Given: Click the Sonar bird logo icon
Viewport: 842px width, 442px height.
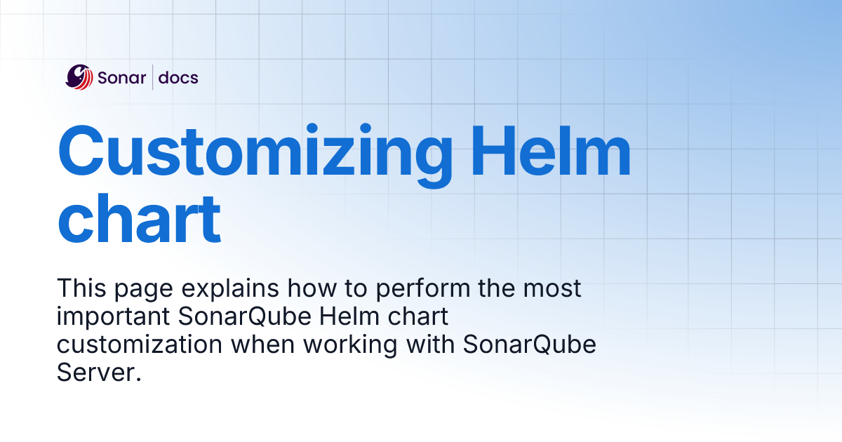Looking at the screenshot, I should [x=79, y=77].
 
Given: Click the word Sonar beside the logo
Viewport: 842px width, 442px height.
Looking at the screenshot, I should [x=122, y=78].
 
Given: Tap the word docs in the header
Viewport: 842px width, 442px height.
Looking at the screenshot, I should [x=178, y=78].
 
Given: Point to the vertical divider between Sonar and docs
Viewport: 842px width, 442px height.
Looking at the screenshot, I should [x=152, y=77].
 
